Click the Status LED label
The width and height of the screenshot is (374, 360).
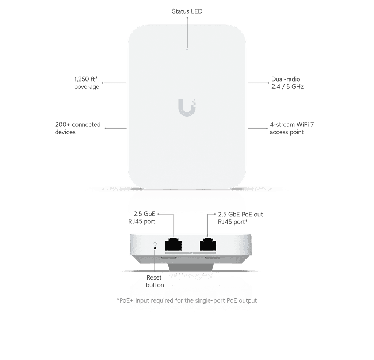(x=187, y=11)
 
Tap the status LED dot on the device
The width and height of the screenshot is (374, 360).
(x=187, y=49)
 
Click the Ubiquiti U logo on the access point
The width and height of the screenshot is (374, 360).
(x=187, y=108)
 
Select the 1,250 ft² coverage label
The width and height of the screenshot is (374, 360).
(x=86, y=83)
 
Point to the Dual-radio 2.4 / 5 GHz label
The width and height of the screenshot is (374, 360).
(x=287, y=83)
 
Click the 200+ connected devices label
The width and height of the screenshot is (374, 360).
(x=78, y=128)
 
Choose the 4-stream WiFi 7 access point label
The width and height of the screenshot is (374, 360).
(x=292, y=128)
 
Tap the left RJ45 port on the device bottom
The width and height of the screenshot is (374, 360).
(x=173, y=244)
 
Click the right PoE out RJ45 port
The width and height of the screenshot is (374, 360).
(x=208, y=244)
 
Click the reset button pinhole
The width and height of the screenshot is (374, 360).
(x=155, y=248)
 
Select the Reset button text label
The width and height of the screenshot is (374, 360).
(x=155, y=281)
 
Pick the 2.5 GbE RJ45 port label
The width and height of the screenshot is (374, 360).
(x=142, y=217)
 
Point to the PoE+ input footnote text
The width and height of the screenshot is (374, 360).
(x=187, y=300)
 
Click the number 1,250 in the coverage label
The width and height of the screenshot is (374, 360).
(x=81, y=79)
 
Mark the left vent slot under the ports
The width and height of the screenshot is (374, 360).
(x=169, y=258)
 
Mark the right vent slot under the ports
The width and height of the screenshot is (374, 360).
(x=213, y=258)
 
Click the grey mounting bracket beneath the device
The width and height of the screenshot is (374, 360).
(x=191, y=267)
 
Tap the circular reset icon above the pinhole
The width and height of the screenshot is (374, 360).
(x=155, y=244)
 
